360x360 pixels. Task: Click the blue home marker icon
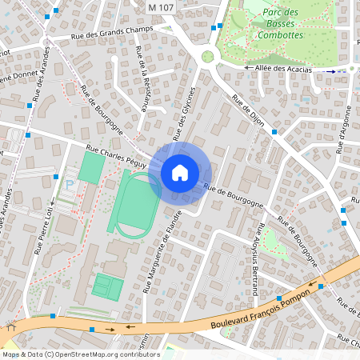click(180, 172)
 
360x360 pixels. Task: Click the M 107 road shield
click(162, 7)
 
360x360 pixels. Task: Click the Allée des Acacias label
click(282, 70)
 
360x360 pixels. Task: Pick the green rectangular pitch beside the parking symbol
click(92, 167)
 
